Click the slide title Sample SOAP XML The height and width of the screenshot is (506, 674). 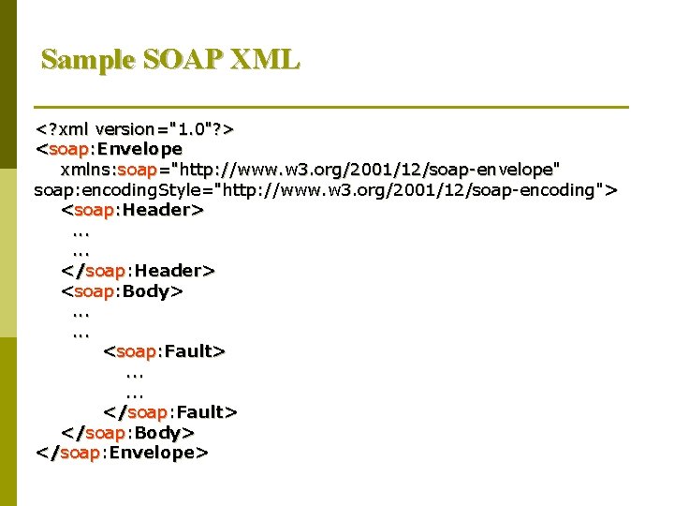(170, 60)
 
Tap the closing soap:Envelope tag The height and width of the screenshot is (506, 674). (122, 454)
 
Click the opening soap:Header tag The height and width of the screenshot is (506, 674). (132, 210)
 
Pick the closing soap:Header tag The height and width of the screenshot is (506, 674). (138, 271)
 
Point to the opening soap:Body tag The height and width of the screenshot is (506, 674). (122, 291)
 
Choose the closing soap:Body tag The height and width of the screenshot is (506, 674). (127, 433)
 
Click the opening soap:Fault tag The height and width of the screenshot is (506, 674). (164, 352)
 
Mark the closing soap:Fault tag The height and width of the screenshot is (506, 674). (169, 412)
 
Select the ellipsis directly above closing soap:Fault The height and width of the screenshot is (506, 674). (132, 393)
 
